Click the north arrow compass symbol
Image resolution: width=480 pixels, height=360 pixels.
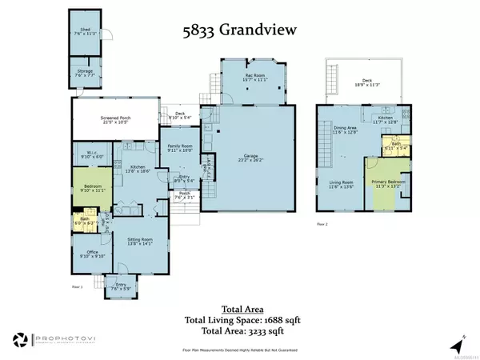click(x=456, y=344)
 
